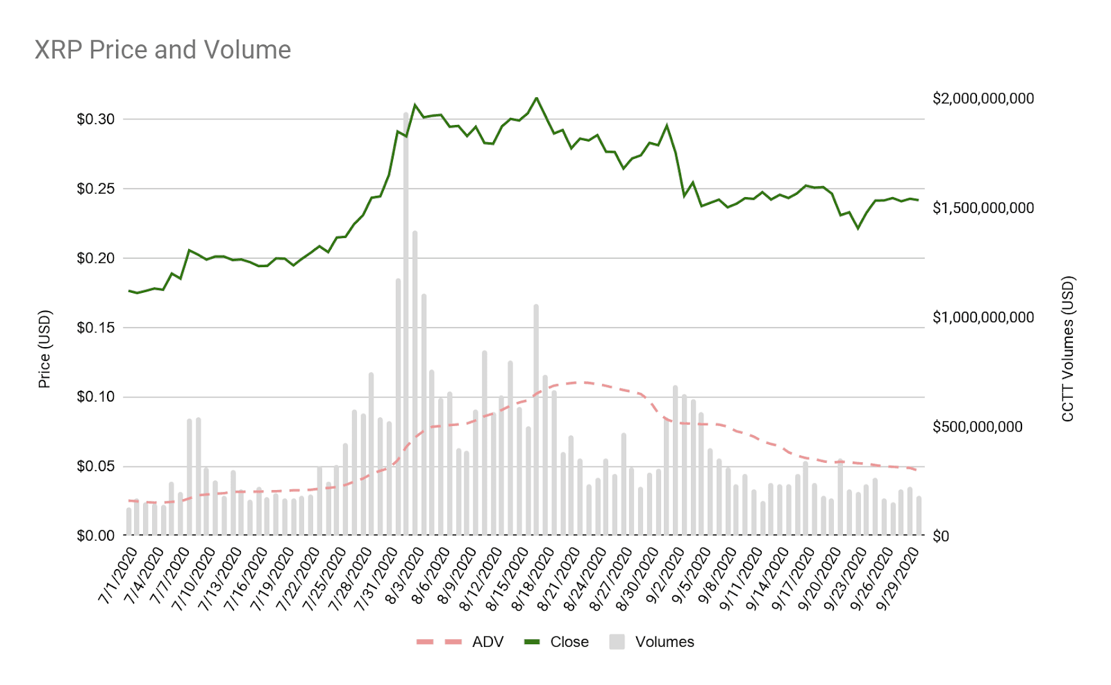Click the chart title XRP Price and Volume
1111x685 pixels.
pyautogui.click(x=162, y=50)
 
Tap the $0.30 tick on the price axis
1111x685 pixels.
pyautogui.click(x=96, y=119)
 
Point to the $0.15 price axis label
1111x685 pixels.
pyautogui.click(x=96, y=328)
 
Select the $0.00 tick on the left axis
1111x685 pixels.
pyautogui.click(x=96, y=536)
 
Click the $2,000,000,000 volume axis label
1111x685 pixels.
pyautogui.click(x=983, y=99)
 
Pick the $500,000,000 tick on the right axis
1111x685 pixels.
pyautogui.click(x=977, y=427)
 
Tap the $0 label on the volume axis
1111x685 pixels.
pyautogui.click(x=940, y=536)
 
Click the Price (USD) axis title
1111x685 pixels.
pyautogui.click(x=44, y=349)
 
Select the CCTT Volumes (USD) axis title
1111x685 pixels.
pyautogui.click(x=1067, y=349)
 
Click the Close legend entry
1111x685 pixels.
pyautogui.click(x=556, y=642)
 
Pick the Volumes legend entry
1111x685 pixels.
pyautogui.click(x=652, y=642)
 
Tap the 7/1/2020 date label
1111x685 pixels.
pyautogui.click(x=118, y=575)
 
